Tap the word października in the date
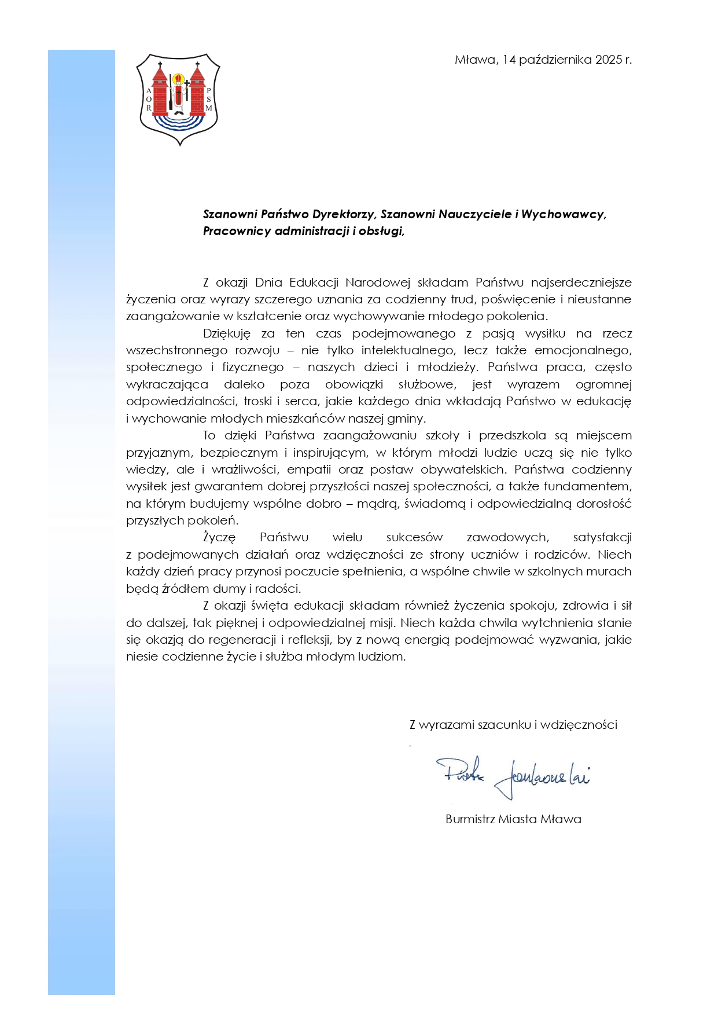554,60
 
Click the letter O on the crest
149,100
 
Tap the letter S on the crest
209,100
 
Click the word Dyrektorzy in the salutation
344,214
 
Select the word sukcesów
414,538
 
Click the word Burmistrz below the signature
469,819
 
